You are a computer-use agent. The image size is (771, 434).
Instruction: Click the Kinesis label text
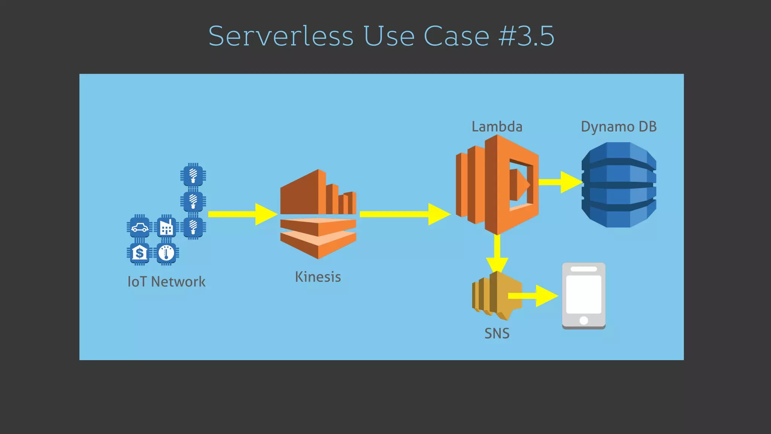[x=318, y=277]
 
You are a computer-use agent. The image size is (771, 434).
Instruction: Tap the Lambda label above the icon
[x=497, y=127]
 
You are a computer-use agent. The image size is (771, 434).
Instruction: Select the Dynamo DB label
[x=619, y=127]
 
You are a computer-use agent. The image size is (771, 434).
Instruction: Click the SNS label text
[x=497, y=333]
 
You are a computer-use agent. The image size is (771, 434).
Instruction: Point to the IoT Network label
[x=166, y=282]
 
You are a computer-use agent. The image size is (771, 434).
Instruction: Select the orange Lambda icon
[x=497, y=185]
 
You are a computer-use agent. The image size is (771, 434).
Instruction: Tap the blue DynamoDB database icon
[x=619, y=185]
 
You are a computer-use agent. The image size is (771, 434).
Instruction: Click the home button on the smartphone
[x=584, y=320]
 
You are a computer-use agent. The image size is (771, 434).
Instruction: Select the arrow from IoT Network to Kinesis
[x=243, y=214]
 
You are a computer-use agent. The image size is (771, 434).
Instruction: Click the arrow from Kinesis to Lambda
[x=405, y=214]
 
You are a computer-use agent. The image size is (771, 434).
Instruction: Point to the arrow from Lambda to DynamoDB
[x=561, y=182]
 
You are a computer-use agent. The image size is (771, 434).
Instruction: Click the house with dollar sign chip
[x=140, y=253]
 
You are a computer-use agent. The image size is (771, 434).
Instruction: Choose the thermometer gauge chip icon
[x=166, y=253]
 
